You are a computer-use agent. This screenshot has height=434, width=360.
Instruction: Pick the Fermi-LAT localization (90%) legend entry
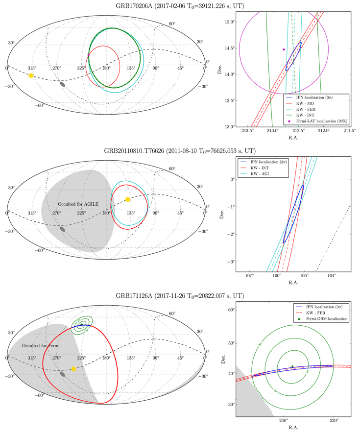(x=320, y=121)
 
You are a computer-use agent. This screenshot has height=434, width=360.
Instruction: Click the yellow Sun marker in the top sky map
(x=31, y=75)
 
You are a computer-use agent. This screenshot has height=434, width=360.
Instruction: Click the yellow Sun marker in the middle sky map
(x=127, y=199)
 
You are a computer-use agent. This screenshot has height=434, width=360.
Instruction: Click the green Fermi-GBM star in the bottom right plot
(x=292, y=366)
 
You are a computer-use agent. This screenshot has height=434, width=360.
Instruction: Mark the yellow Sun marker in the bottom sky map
(x=73, y=368)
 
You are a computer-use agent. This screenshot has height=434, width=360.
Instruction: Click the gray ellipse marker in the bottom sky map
(x=62, y=373)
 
